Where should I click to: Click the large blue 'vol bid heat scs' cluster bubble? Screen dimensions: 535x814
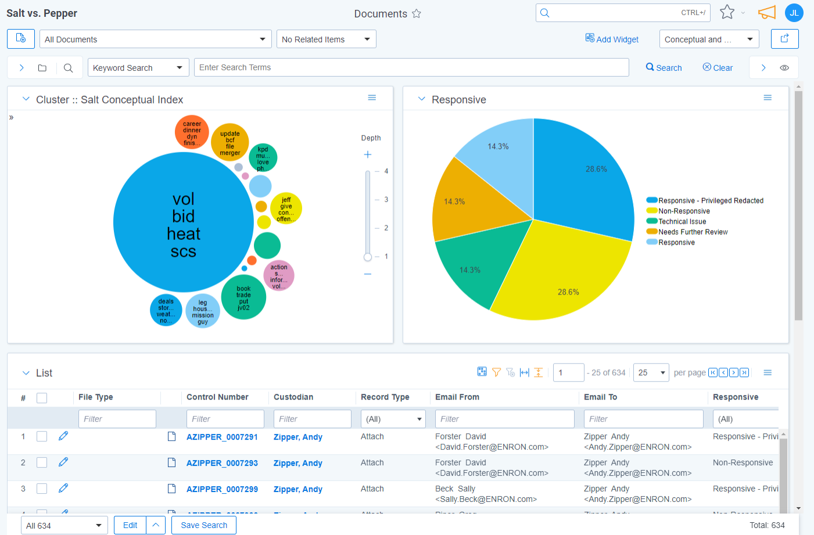click(x=183, y=222)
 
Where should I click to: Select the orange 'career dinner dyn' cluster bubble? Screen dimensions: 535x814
click(x=192, y=132)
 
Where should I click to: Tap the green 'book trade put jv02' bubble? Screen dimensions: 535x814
click(x=243, y=297)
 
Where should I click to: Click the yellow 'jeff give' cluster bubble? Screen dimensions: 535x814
click(x=286, y=209)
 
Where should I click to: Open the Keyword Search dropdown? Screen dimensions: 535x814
click(x=138, y=68)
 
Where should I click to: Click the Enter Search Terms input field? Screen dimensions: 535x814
click(x=411, y=67)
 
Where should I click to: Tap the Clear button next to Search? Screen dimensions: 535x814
click(x=718, y=68)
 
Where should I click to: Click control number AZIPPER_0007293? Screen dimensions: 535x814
click(x=222, y=463)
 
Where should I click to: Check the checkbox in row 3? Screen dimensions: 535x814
click(x=42, y=489)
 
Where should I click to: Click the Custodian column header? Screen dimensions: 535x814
click(x=293, y=397)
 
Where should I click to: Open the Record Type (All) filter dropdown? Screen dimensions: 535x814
click(x=393, y=419)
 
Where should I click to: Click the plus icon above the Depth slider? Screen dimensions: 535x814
click(x=368, y=155)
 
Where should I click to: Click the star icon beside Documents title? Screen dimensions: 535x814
click(x=417, y=13)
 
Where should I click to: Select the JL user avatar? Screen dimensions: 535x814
click(x=794, y=13)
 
